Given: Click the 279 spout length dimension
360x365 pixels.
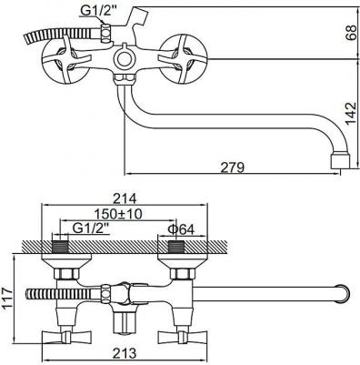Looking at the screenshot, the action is point(232,167).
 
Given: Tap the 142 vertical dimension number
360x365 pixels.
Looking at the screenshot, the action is point(351,113).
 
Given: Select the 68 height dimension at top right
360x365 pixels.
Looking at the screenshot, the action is point(351,32).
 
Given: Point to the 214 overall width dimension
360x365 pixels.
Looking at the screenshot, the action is point(125,198).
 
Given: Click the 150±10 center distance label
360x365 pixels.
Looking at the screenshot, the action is point(118,214).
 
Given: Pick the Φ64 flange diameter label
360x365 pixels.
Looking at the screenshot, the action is point(181,229).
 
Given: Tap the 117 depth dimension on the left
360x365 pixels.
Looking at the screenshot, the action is point(8,298).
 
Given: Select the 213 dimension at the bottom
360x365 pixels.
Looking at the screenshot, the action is point(125,353).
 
